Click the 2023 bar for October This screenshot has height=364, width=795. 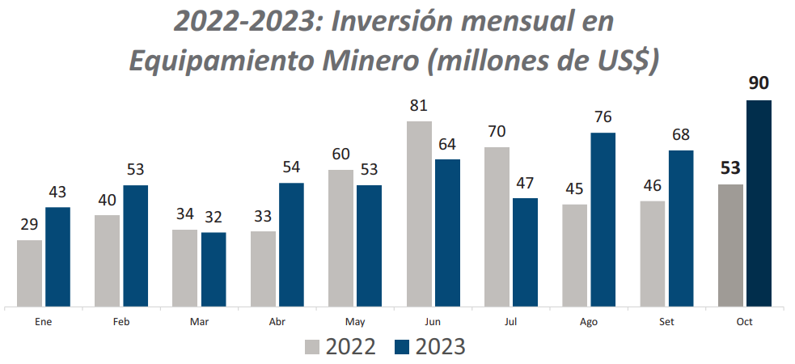coord(759,204)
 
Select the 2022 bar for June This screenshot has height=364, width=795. coord(419,214)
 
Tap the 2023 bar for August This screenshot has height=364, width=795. coord(603,220)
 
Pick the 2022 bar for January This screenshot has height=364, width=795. coord(29,273)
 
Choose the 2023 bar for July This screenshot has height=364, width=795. coord(526,252)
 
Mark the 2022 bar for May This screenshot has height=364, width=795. coord(340,239)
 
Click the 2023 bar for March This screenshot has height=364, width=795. coord(214,269)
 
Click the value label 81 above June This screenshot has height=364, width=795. coord(418,106)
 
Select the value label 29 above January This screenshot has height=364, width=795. coord(29,225)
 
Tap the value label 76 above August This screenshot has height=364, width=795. coord(603,117)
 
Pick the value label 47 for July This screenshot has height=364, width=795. coord(526,183)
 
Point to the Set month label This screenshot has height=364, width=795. coord(666,321)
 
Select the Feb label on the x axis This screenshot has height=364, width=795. coord(121,321)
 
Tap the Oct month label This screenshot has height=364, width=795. coord(745,321)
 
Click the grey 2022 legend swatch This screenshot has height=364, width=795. coord(313,347)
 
